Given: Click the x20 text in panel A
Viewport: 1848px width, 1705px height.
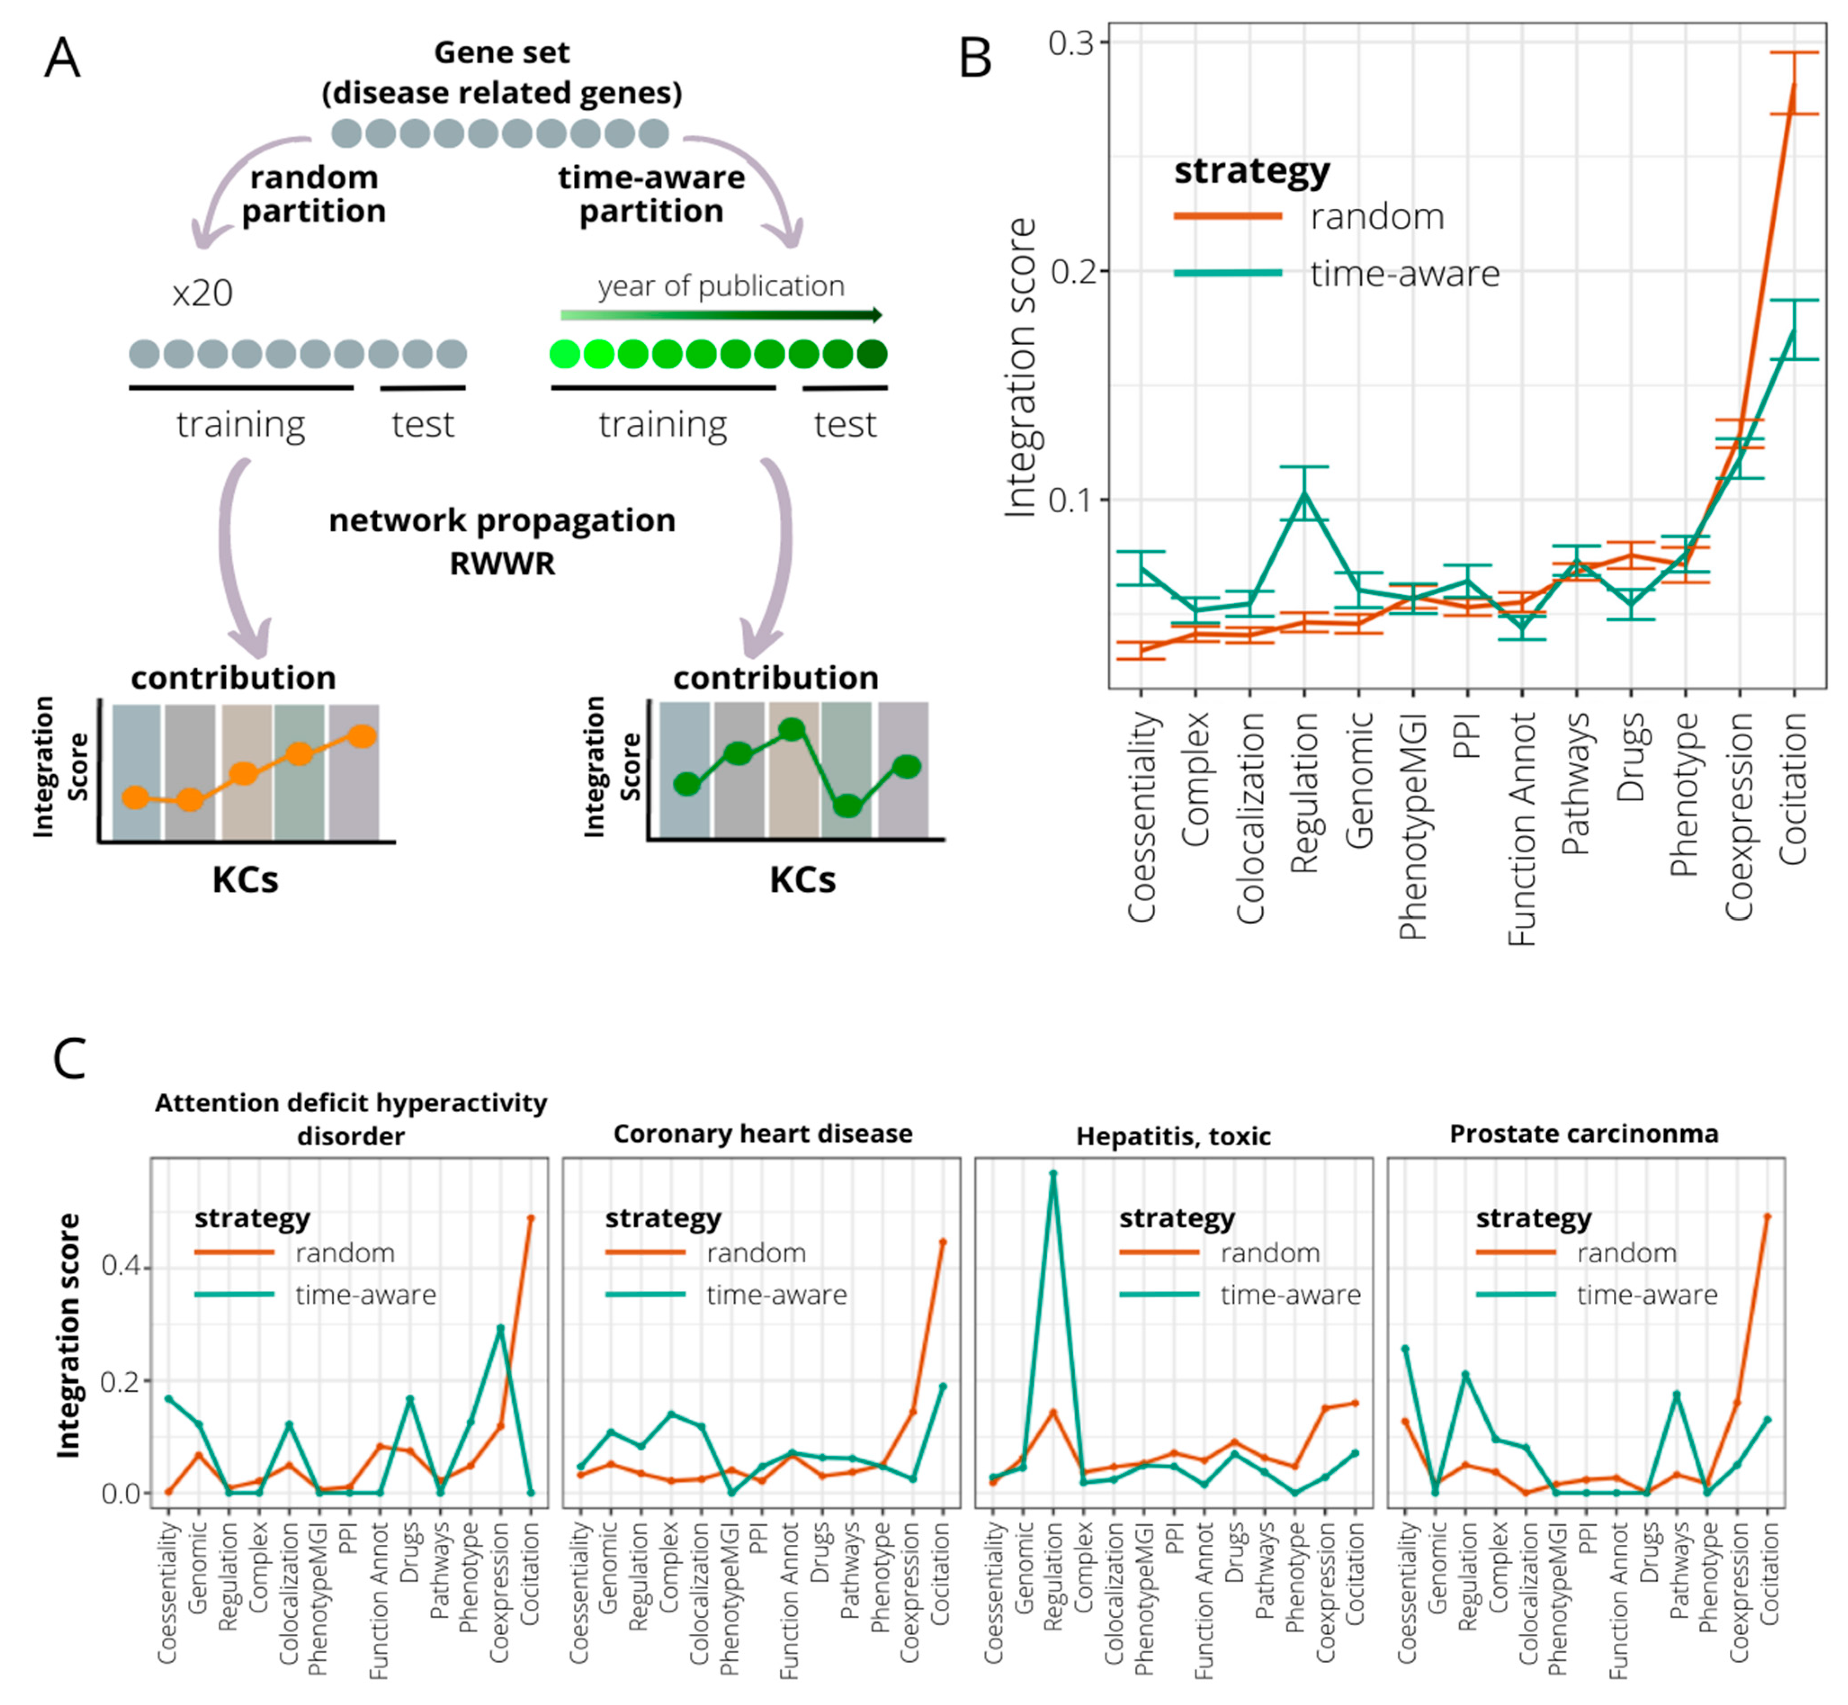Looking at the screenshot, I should pos(202,293).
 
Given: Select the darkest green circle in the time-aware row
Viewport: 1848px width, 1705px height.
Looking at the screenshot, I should pos(871,354).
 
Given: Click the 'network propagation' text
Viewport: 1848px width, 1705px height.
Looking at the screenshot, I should pos(502,521).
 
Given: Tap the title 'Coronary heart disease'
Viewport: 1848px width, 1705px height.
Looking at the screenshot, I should pos(763,1134).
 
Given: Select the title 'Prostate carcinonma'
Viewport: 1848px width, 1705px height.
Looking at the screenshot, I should pos(1583,1134).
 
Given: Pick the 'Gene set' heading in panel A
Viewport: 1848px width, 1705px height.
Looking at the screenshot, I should pos(502,53).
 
